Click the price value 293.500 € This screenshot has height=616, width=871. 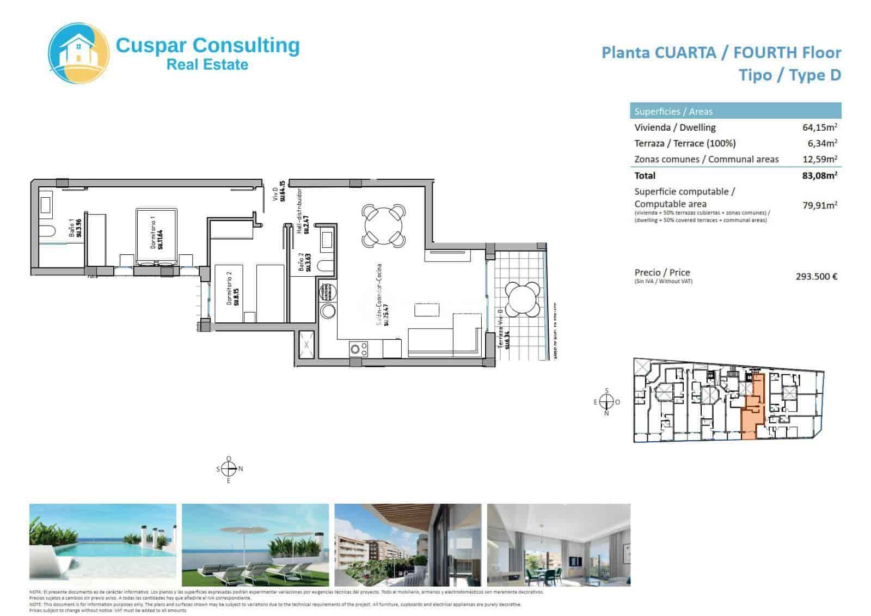[816, 276]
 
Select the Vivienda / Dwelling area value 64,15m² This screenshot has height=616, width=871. [819, 127]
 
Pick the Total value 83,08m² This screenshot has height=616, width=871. [819, 175]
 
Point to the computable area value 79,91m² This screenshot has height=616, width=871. [819, 205]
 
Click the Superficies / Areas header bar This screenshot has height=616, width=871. [735, 111]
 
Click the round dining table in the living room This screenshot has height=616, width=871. [383, 224]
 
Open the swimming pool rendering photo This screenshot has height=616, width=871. [103, 544]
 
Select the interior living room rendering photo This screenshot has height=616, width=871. [559, 544]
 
